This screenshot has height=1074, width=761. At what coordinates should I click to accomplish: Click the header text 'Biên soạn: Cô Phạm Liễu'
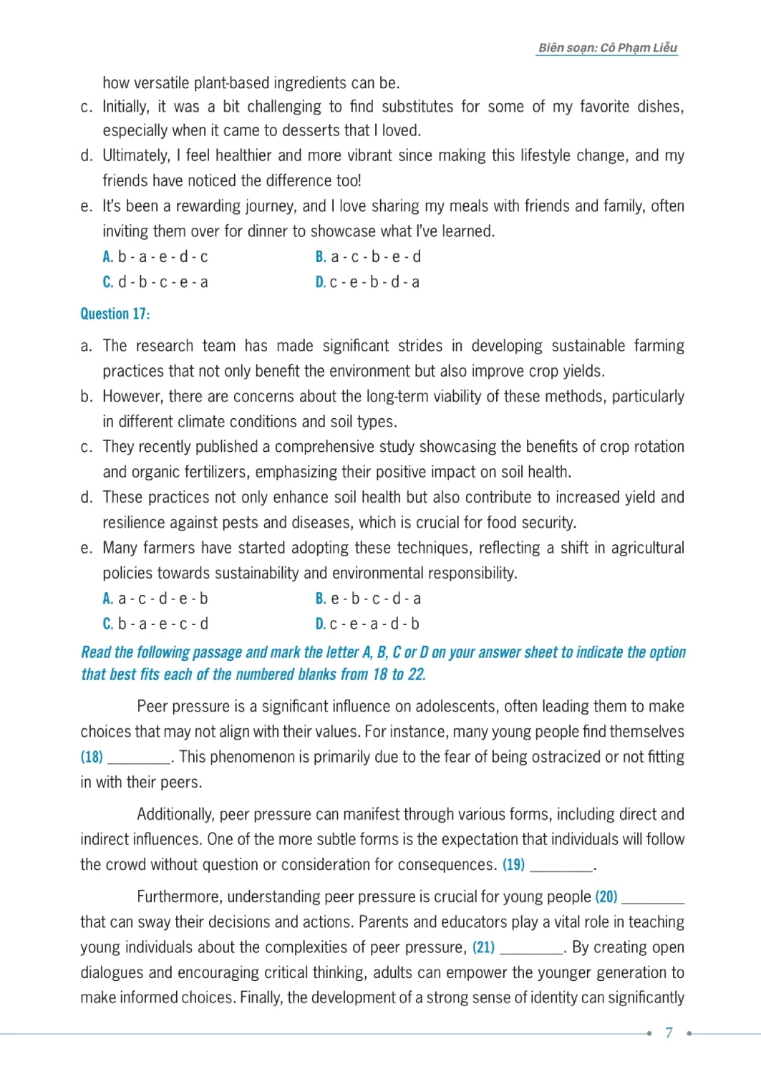[x=607, y=48]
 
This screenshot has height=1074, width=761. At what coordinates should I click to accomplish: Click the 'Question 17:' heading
[x=115, y=314]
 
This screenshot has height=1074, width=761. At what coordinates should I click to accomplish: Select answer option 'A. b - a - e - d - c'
[x=155, y=257]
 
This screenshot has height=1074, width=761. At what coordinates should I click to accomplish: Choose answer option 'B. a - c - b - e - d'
[x=368, y=257]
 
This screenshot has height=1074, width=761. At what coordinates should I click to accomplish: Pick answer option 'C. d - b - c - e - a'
[x=155, y=282]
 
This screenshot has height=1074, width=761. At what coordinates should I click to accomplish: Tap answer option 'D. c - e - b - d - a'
[x=367, y=282]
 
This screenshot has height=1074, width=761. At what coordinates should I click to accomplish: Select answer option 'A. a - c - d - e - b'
[x=155, y=599]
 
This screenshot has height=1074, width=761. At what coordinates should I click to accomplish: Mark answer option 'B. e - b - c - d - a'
[x=368, y=599]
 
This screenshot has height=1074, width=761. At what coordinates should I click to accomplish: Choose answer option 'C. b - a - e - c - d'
[x=155, y=624]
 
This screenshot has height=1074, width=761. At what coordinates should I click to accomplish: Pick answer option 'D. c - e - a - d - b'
[x=367, y=624]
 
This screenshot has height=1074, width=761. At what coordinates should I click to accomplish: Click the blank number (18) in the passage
[x=92, y=757]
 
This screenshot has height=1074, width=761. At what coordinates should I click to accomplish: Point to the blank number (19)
[x=513, y=864]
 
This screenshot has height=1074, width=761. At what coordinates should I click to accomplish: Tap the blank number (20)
[x=606, y=896]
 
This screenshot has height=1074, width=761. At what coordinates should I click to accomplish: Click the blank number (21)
[x=483, y=947]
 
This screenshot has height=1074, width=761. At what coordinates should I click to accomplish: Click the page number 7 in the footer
[x=669, y=1032]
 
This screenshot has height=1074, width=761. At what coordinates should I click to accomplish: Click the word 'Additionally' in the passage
[x=175, y=814]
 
